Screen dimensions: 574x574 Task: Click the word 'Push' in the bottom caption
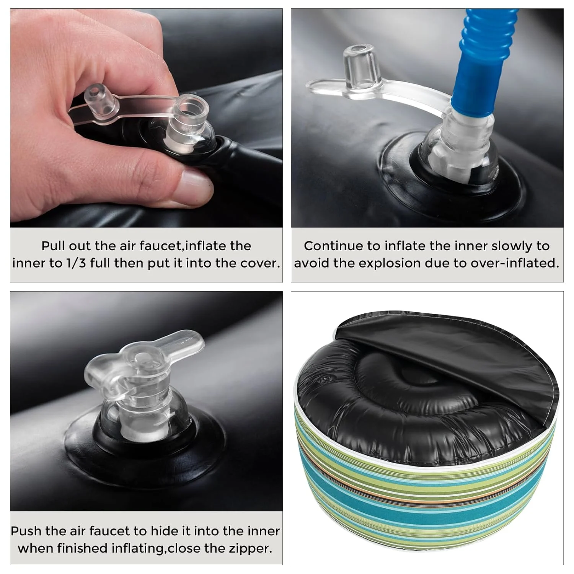point(26,531)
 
